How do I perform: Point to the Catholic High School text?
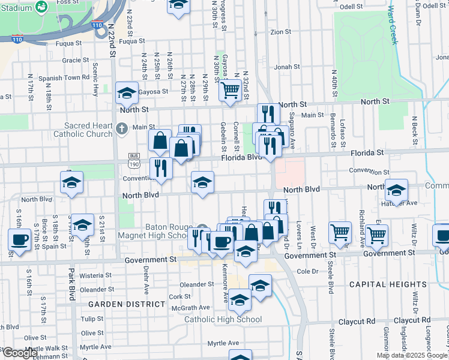pos(223,319)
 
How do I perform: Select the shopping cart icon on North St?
pos(231,90)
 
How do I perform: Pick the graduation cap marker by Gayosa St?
pos(127,93)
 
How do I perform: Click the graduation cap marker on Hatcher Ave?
pos(396,191)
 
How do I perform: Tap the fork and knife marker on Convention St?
pos(160,167)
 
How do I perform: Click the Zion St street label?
pos(280,32)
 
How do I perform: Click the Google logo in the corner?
pos(20,353)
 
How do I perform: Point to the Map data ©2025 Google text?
pos(412,355)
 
